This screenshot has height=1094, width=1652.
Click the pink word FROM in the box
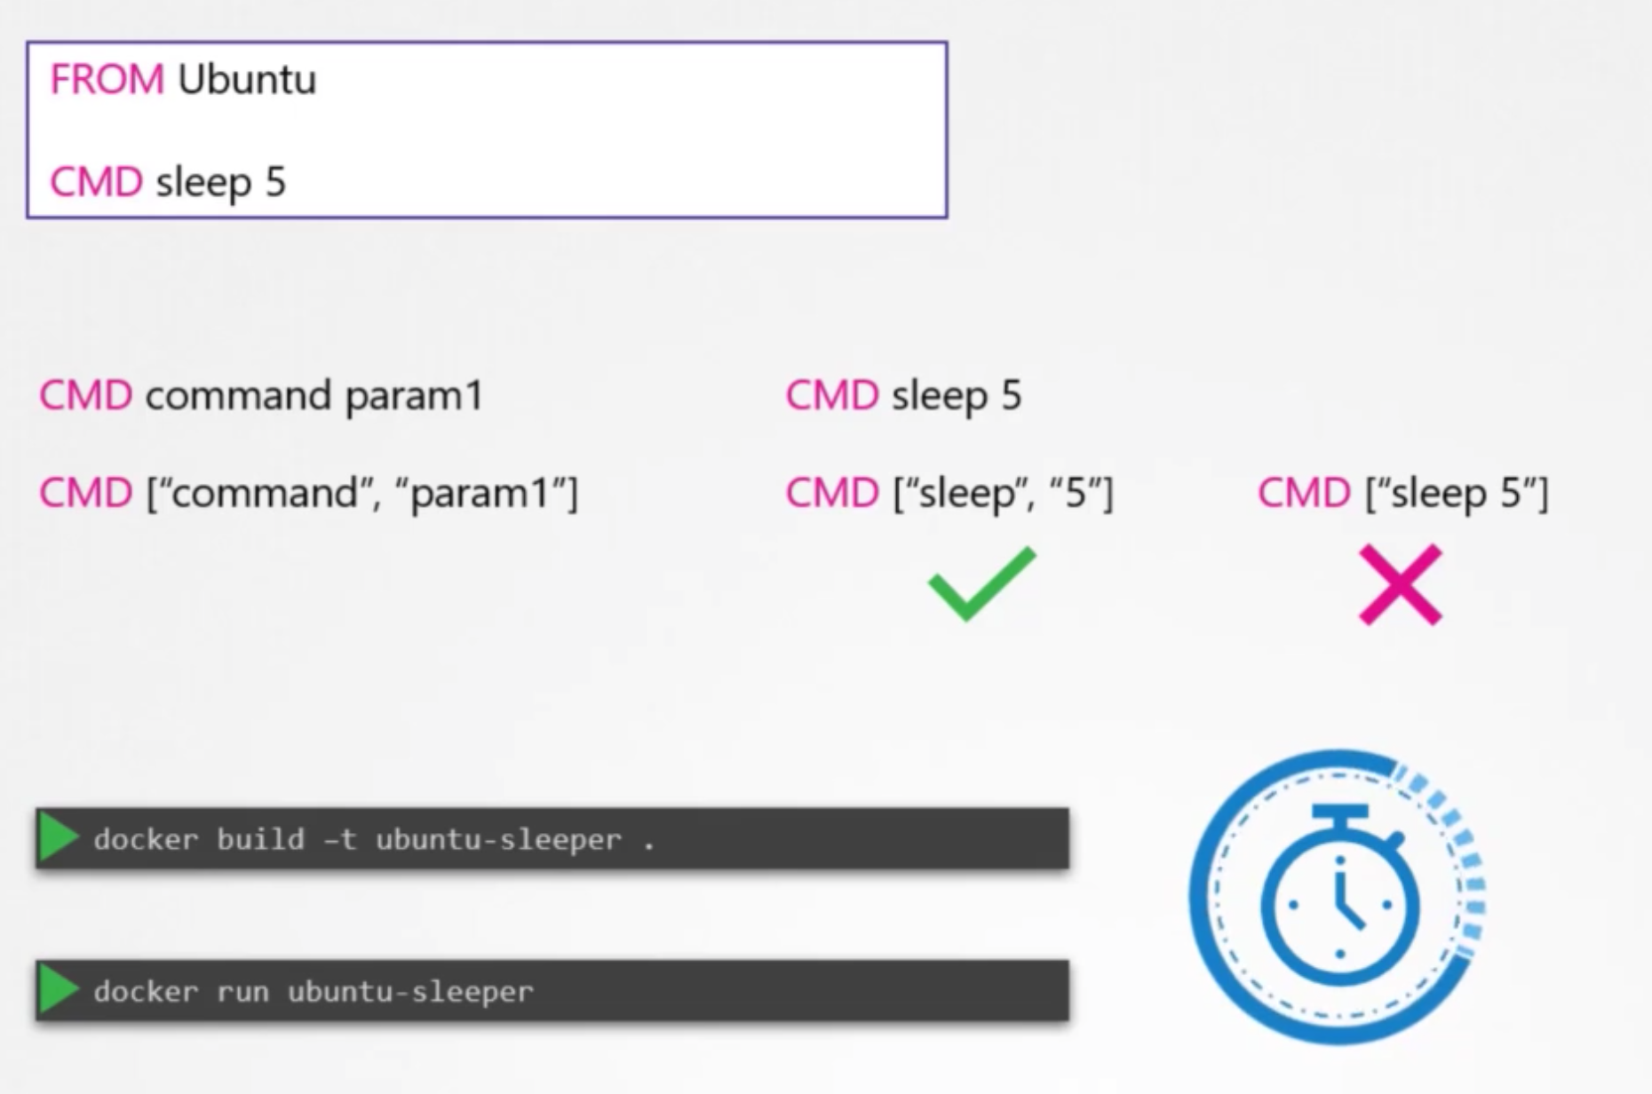coord(107,80)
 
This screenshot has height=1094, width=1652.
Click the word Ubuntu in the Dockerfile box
coord(247,80)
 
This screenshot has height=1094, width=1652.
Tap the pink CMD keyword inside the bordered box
coord(96,182)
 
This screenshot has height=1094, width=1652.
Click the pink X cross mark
coord(1400,584)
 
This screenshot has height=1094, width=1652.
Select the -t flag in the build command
coord(340,839)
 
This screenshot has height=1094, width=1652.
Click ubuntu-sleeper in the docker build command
coord(498,839)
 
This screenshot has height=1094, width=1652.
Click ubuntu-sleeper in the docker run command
coord(410,991)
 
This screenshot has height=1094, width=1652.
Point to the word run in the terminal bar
coord(242,991)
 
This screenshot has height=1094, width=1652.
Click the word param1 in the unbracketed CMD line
coord(414,396)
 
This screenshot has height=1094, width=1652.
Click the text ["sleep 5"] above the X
coord(1457,493)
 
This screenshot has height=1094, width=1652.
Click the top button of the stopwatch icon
coord(1339,813)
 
